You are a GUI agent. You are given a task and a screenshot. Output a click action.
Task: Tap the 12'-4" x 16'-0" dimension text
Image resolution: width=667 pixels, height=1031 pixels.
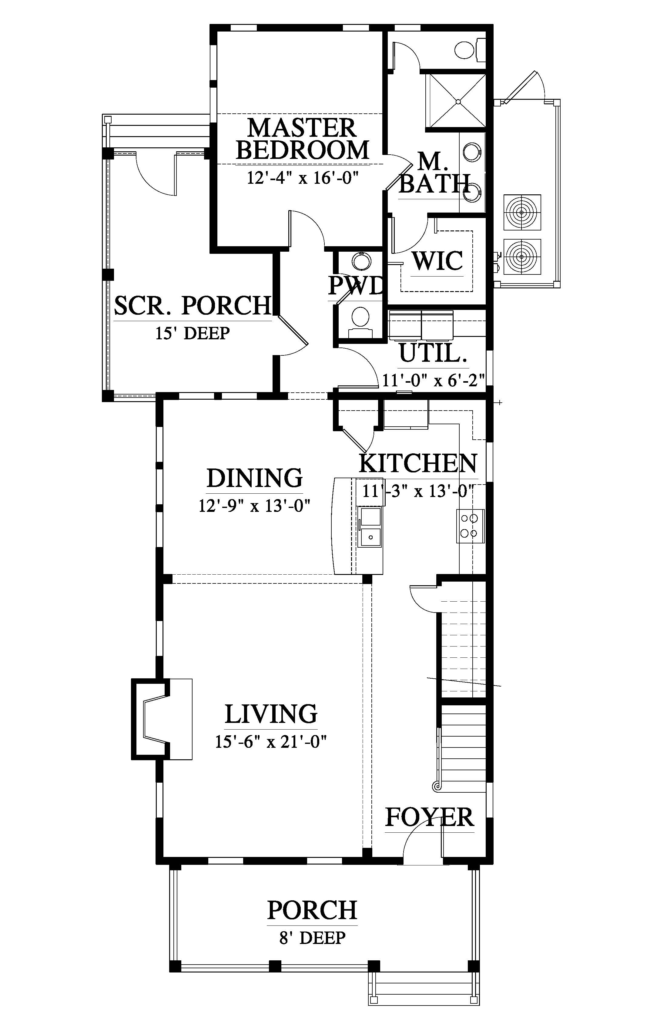303,178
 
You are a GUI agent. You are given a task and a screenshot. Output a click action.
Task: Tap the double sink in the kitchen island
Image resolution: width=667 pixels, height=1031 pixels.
370,527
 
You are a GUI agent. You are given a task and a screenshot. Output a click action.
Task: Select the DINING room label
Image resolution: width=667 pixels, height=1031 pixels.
254,478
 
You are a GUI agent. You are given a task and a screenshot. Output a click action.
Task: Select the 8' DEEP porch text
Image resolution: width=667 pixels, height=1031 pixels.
312,938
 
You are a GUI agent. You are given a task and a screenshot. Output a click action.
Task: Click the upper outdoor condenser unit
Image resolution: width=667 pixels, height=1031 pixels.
522,212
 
